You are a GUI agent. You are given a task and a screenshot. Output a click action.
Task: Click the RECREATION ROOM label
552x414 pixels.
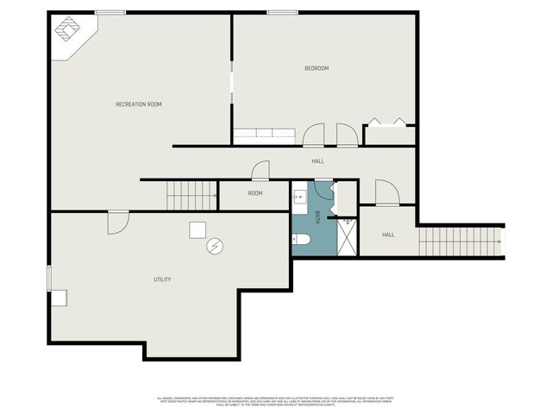[139, 104]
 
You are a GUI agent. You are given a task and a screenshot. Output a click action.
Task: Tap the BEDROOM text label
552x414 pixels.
[317, 68]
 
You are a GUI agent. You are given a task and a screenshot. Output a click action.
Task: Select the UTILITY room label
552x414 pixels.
[162, 279]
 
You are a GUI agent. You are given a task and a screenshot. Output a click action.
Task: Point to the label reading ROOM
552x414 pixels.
[255, 193]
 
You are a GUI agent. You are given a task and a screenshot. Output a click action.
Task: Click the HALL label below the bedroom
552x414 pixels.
[317, 161]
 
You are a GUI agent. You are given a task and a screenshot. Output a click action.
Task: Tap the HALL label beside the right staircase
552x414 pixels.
[388, 235]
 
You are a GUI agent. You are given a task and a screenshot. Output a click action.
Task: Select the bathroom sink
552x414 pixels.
[299, 198]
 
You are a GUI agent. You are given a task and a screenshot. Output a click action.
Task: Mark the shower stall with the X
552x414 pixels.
[345, 235]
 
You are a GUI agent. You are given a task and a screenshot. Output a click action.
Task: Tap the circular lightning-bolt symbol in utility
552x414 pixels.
[214, 247]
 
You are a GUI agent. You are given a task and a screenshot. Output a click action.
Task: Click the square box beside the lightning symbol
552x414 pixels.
[198, 229]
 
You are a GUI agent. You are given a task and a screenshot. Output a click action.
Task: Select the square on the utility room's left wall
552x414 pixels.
[58, 298]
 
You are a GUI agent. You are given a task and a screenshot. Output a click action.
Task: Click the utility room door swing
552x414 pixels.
[117, 223]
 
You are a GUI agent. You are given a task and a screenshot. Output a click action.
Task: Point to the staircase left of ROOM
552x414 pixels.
[191, 196]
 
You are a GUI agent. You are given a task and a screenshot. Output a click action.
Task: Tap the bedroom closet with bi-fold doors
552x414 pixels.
[388, 134]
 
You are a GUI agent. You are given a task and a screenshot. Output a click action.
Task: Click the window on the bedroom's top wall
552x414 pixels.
[277, 12]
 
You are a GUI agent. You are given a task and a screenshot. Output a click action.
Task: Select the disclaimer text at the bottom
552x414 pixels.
[275, 401]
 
